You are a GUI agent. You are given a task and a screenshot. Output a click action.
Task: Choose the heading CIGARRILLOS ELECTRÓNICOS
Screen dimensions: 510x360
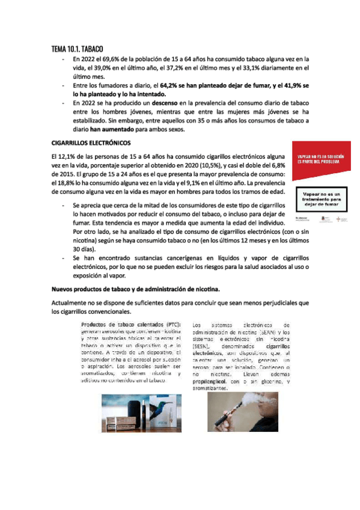coord(91,144)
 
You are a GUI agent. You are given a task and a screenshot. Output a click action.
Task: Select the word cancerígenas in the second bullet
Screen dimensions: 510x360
coord(172,257)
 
